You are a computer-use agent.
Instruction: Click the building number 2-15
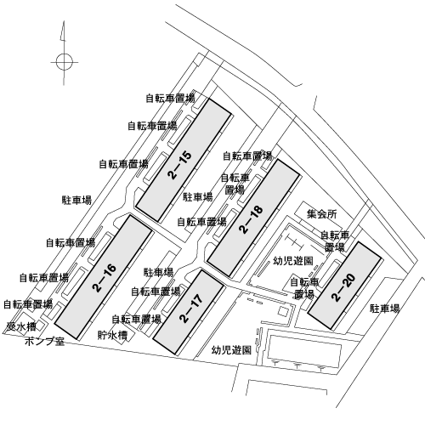click(180, 165)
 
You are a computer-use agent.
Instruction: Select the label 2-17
click(191, 308)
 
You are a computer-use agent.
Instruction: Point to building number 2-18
click(252, 219)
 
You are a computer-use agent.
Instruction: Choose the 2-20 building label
click(343, 287)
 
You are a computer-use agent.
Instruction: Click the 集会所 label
click(322, 214)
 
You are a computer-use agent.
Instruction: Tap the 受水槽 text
click(21, 327)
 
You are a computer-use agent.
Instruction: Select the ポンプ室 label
click(45, 342)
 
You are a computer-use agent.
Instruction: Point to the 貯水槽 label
click(112, 335)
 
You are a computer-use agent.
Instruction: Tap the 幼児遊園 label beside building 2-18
click(293, 261)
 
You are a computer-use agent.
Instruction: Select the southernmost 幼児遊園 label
click(232, 350)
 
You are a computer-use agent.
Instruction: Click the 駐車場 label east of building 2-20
click(385, 309)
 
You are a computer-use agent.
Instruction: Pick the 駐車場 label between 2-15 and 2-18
click(198, 196)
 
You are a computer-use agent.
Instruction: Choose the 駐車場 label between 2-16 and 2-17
click(158, 272)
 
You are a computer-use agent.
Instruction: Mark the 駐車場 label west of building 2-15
click(77, 200)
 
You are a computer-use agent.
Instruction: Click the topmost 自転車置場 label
click(171, 99)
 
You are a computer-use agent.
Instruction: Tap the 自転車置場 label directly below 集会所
click(335, 241)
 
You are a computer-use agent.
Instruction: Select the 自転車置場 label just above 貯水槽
click(137, 320)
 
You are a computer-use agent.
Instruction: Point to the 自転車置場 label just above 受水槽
click(28, 304)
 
